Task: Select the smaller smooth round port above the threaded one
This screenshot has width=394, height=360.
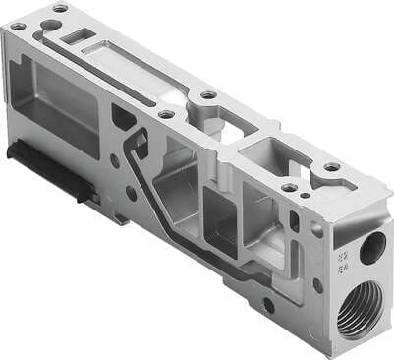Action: point(371,248)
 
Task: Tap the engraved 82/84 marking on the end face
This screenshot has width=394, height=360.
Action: point(345,258)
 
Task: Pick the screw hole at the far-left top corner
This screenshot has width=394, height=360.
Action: point(18,26)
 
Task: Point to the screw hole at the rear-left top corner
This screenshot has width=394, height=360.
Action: point(60,8)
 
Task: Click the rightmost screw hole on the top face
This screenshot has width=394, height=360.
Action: point(333,167)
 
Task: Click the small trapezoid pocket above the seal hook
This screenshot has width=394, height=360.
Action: point(124,117)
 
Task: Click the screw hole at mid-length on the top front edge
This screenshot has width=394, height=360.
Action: point(167,114)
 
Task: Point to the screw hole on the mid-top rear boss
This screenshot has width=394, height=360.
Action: point(208,95)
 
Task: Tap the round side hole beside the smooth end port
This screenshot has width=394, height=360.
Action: point(317,232)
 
